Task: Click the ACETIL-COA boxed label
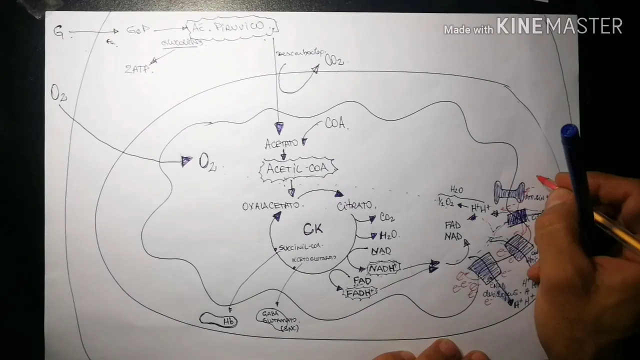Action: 298,169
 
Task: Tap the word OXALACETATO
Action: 271,206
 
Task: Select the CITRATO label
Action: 354,205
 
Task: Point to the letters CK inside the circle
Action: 313,229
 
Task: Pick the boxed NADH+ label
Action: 383,268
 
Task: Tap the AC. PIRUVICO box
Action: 231,27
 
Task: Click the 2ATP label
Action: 137,69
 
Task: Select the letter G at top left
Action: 59,32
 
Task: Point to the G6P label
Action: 137,30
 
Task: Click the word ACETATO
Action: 281,144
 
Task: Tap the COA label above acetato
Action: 335,123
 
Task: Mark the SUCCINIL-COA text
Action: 299,247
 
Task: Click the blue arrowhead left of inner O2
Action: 186,161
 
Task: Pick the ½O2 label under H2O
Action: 446,202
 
